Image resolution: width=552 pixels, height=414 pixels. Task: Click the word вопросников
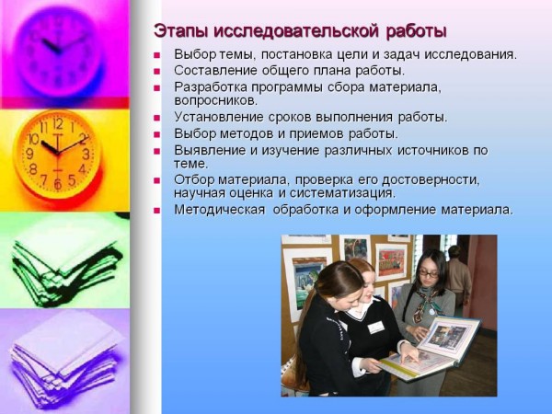click(x=216, y=100)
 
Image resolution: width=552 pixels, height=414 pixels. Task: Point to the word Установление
click(x=219, y=117)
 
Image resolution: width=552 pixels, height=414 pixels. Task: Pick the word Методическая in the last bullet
click(x=219, y=210)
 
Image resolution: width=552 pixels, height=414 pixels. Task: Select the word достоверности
click(x=431, y=180)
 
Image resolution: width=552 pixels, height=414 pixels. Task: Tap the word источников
click(x=431, y=150)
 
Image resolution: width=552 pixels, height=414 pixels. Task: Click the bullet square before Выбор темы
click(x=156, y=55)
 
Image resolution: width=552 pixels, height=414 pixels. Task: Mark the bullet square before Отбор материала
click(x=156, y=181)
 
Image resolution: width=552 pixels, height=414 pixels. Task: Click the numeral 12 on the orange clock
click(x=58, y=123)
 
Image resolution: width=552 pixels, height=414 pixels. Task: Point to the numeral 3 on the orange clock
click(x=86, y=154)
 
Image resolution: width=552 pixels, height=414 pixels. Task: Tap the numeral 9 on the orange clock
click(x=30, y=154)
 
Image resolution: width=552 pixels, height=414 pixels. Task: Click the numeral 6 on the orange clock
click(x=58, y=184)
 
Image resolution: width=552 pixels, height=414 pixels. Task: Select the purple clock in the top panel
click(x=59, y=52)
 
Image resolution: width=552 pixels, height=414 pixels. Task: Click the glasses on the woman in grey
click(x=429, y=273)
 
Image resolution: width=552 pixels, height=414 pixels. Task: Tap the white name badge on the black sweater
click(x=376, y=327)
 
